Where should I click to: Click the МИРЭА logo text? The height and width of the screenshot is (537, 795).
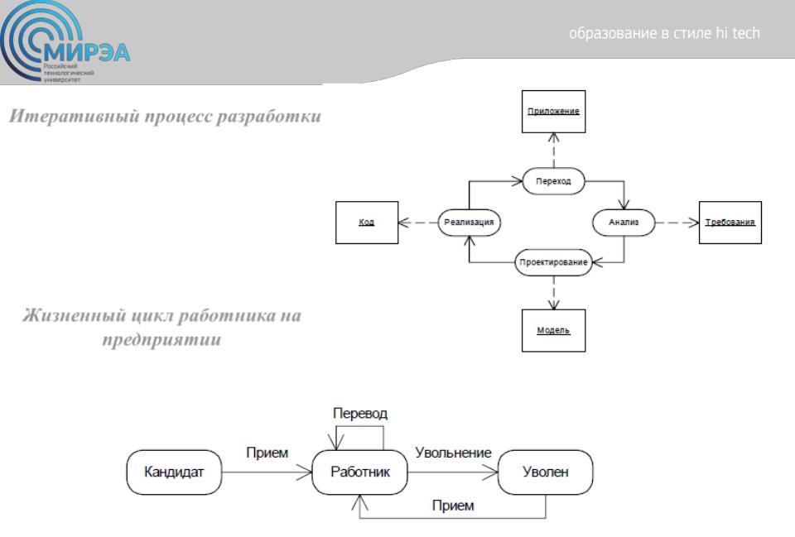click(x=87, y=51)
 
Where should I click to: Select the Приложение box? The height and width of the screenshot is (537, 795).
click(x=554, y=112)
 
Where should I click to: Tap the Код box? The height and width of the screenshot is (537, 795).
click(x=367, y=223)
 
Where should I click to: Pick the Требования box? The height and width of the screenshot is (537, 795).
click(x=730, y=223)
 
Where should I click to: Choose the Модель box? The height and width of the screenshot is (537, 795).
click(x=554, y=330)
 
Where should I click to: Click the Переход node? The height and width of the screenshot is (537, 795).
click(x=554, y=181)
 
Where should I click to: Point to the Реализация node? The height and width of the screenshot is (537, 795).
click(x=469, y=222)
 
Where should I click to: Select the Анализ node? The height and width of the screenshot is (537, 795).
click(x=624, y=222)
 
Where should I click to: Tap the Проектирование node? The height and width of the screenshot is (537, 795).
click(x=554, y=262)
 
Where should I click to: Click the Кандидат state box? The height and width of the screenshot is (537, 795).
click(x=174, y=472)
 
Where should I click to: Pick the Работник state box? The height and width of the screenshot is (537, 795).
click(x=360, y=472)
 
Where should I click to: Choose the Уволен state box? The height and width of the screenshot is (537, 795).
click(x=546, y=472)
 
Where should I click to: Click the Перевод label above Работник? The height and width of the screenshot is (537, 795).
click(x=360, y=414)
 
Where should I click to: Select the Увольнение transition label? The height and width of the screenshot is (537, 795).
click(x=453, y=453)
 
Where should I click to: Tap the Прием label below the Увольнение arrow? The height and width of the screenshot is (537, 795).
click(x=453, y=505)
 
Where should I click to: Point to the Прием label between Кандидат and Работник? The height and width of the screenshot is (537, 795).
click(x=267, y=453)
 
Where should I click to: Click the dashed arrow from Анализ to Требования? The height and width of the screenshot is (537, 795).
click(x=677, y=223)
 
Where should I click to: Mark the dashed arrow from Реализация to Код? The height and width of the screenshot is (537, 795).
click(x=418, y=223)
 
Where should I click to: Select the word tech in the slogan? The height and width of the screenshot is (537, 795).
click(x=746, y=33)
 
